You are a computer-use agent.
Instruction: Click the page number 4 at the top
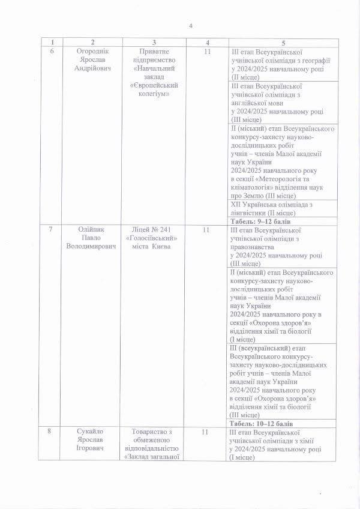pyautogui.click(x=191, y=26)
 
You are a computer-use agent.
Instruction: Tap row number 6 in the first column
pyautogui.click(x=52, y=52)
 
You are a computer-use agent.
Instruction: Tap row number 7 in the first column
pyautogui.click(x=52, y=230)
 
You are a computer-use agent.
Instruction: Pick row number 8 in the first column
pyautogui.click(x=52, y=432)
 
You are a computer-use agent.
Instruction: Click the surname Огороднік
pyautogui.click(x=92, y=52)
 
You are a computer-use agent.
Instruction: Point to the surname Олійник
pyautogui.click(x=92, y=230)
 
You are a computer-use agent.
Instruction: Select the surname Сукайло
pyautogui.click(x=92, y=432)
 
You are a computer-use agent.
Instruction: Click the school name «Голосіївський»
pyautogui.click(x=154, y=238)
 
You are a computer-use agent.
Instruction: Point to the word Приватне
pyautogui.click(x=154, y=52)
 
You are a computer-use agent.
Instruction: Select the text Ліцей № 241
pyautogui.click(x=154, y=230)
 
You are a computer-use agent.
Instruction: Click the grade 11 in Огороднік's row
pyautogui.click(x=206, y=52)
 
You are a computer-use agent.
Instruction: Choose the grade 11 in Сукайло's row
pyautogui.click(x=206, y=432)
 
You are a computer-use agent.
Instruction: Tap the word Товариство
pyautogui.click(x=154, y=432)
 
